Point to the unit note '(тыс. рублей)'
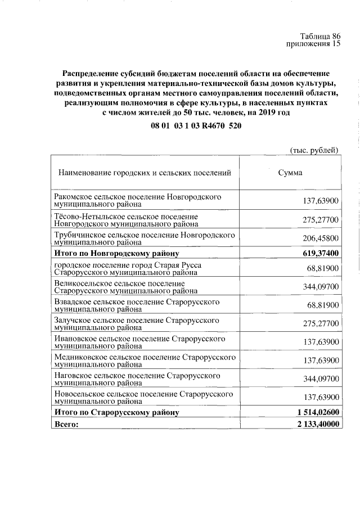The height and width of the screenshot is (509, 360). (x=314, y=150)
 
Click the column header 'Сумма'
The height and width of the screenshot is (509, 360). (x=290, y=173)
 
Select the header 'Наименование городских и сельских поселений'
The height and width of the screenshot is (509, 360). (x=145, y=173)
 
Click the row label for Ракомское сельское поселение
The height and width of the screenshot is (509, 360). (x=137, y=201)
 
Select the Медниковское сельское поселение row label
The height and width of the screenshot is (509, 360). (x=144, y=360)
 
